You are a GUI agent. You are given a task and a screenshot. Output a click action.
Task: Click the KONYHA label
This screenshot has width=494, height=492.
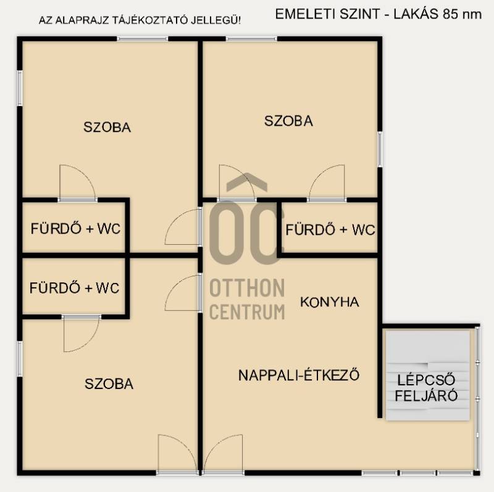click(x=330, y=302)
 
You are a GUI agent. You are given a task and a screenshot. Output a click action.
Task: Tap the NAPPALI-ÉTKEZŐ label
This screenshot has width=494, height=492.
click(x=299, y=375)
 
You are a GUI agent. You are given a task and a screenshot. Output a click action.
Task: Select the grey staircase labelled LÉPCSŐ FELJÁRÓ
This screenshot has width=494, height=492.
click(x=428, y=375)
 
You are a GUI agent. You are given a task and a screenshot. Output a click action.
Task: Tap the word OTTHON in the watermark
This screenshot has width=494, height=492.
click(x=247, y=288)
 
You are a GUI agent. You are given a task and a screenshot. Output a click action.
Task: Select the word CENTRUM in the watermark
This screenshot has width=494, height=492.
click(x=247, y=312)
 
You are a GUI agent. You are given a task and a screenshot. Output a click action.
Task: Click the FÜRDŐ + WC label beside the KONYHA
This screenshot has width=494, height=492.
click(x=330, y=229)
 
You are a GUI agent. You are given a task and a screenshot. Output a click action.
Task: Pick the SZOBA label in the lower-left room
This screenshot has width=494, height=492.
click(x=109, y=383)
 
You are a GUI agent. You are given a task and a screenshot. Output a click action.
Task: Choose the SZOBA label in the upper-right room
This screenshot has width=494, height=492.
click(x=288, y=121)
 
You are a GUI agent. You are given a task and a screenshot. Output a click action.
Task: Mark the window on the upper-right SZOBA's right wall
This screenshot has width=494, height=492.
click(x=380, y=149)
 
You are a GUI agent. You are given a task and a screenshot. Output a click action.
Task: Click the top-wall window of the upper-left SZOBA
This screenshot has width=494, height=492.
click(x=143, y=39)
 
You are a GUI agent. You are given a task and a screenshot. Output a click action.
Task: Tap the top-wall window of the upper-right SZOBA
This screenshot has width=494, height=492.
click(x=251, y=39)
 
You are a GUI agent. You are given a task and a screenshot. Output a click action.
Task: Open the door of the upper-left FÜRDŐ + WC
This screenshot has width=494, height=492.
click(x=78, y=183)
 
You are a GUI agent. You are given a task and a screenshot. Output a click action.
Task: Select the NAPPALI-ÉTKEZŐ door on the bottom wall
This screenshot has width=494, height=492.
click(x=223, y=454)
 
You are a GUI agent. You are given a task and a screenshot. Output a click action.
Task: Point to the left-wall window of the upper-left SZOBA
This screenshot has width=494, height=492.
click(x=20, y=88)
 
